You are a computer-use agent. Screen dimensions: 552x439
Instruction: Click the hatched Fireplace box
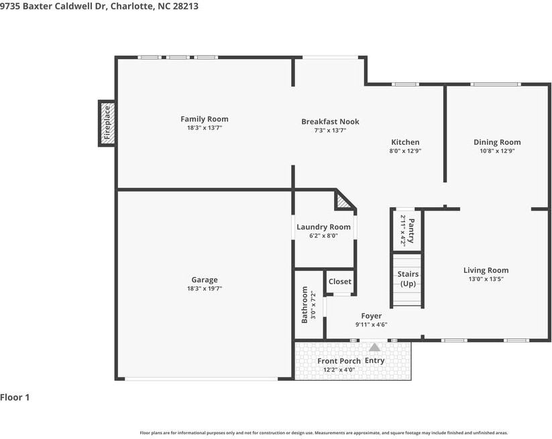[x=107, y=123]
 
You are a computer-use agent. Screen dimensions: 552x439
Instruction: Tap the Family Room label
[x=205, y=119]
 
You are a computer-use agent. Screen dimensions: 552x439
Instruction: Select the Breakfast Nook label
[x=330, y=122]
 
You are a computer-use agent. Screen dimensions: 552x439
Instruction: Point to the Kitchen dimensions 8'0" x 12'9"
[x=406, y=151]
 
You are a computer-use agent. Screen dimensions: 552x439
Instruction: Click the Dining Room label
[x=497, y=142]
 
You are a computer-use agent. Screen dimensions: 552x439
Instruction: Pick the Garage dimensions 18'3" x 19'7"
[x=205, y=288]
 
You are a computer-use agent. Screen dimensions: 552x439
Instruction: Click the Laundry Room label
[x=323, y=227]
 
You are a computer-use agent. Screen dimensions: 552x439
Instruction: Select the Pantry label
[x=411, y=231]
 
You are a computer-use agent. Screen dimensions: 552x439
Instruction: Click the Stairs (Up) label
[x=408, y=279]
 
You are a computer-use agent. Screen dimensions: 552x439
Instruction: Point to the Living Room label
[x=486, y=270]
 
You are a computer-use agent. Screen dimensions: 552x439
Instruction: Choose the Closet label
[x=340, y=281]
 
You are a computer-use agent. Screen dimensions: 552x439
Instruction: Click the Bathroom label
[x=305, y=305]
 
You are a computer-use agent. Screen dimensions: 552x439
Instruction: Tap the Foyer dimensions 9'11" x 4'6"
[x=372, y=324]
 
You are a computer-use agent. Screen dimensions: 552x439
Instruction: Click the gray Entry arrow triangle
[x=374, y=348]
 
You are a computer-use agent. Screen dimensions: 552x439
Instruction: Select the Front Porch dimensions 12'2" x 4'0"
[x=339, y=370]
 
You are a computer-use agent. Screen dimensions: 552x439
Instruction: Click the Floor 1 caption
[x=15, y=397]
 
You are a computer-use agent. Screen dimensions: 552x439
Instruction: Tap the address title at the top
[x=99, y=6]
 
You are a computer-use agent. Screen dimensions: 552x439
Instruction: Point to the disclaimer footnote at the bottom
[x=324, y=433]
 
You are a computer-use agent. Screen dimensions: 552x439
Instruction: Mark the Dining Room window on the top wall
[x=496, y=84]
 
